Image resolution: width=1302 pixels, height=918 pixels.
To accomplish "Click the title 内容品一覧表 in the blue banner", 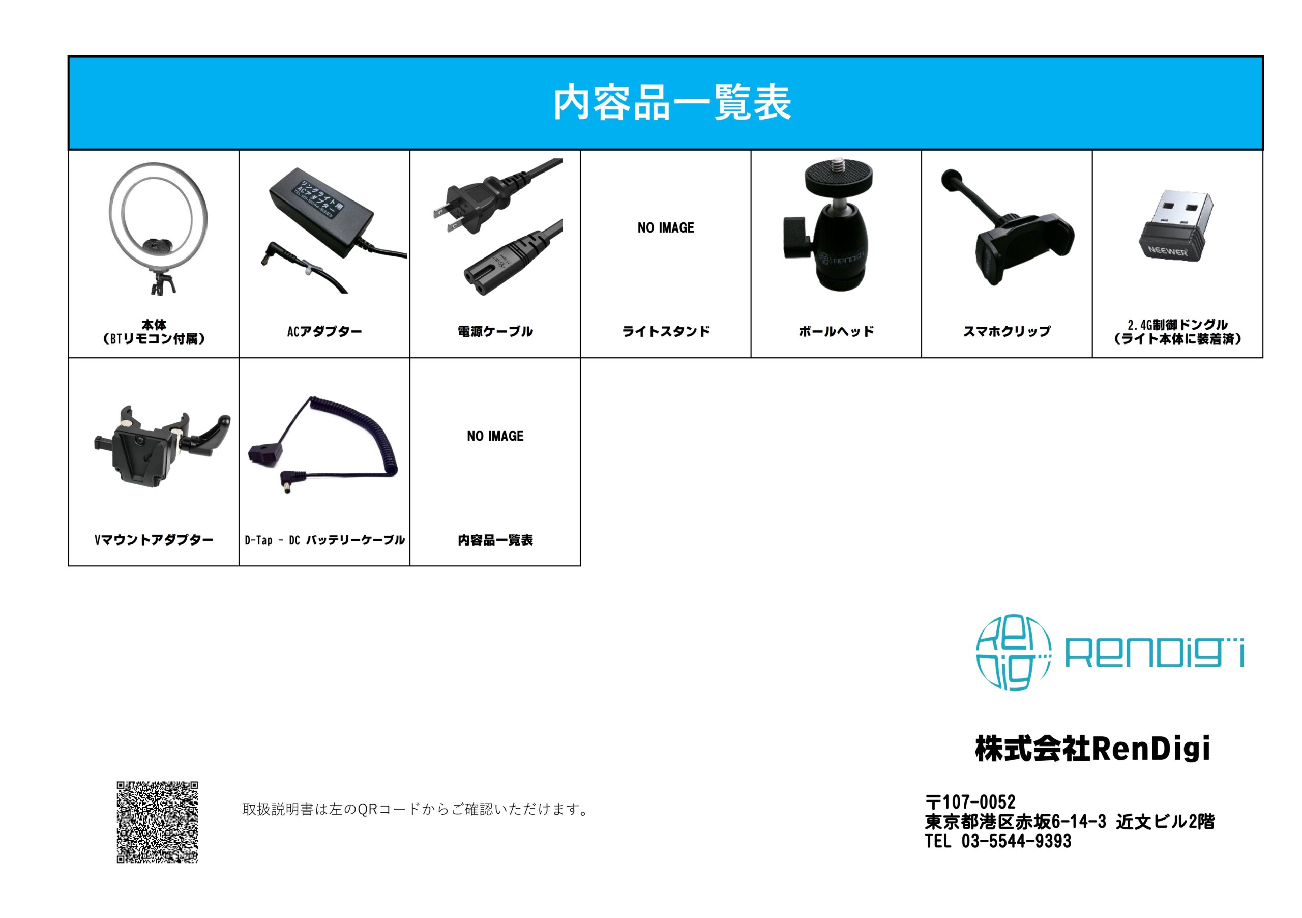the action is tap(672, 102).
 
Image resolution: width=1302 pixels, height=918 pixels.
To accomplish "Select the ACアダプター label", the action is tap(324, 331).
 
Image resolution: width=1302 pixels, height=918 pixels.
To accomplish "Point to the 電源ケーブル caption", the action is tap(495, 331).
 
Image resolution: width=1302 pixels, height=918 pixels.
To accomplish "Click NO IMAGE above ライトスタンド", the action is tap(666, 227).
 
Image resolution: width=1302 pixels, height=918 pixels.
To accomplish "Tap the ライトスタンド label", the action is tap(666, 331).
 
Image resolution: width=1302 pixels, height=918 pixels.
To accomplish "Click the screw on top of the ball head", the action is tap(837, 165).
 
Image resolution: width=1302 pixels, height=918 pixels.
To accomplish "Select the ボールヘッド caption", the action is tap(837, 331).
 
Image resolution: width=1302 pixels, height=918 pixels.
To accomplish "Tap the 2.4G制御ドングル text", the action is tap(1177, 325).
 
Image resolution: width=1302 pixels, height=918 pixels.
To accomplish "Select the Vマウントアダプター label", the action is tap(154, 539).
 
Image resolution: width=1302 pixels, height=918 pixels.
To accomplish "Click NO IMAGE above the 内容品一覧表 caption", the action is tap(495, 436).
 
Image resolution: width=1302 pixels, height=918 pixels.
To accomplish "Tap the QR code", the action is tap(158, 822).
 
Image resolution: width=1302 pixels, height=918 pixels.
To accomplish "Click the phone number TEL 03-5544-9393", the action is tap(998, 841).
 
